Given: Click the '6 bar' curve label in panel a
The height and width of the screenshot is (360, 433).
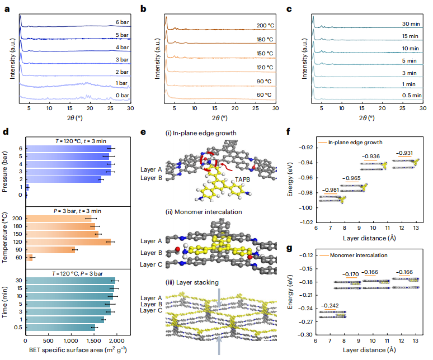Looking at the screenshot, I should pyautogui.click(x=121, y=22).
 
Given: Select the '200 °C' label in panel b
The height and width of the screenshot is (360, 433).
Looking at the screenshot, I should pyautogui.click(x=265, y=26).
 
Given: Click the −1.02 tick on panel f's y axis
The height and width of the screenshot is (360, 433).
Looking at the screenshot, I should pyautogui.click(x=305, y=222).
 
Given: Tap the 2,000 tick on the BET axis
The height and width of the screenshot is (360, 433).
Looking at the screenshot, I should pyautogui.click(x=116, y=340).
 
